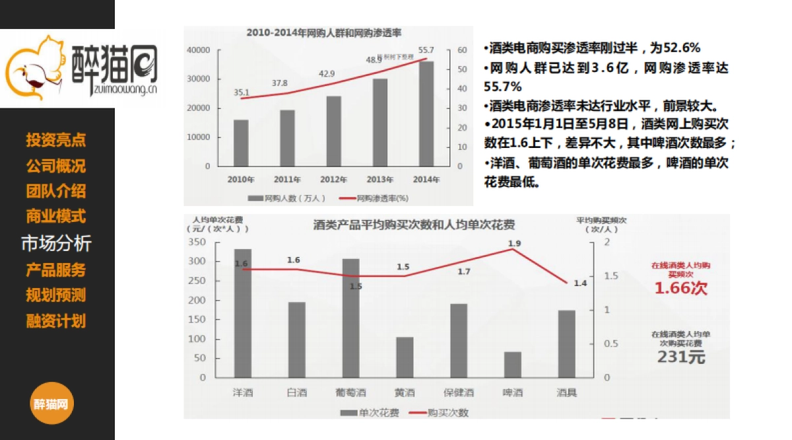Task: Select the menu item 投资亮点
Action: coord(56,140)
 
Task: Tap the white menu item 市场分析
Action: coord(56,243)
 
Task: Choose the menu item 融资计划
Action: coord(56,322)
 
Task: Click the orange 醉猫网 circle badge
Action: coord(51,404)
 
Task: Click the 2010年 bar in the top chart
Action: coord(240,143)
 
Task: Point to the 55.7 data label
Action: coord(426,50)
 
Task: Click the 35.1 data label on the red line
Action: coord(242,92)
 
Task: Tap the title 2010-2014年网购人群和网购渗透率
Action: coord(324,32)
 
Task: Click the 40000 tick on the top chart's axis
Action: coord(198,50)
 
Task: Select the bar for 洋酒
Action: coord(242,313)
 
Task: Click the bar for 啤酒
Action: coord(513,365)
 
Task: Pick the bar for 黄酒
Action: coord(405,357)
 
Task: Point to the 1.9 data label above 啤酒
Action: coord(513,244)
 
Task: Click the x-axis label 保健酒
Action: coord(459,392)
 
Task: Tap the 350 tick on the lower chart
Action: coord(197,242)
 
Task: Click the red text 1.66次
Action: coord(680,288)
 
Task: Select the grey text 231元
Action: coord(680,357)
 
